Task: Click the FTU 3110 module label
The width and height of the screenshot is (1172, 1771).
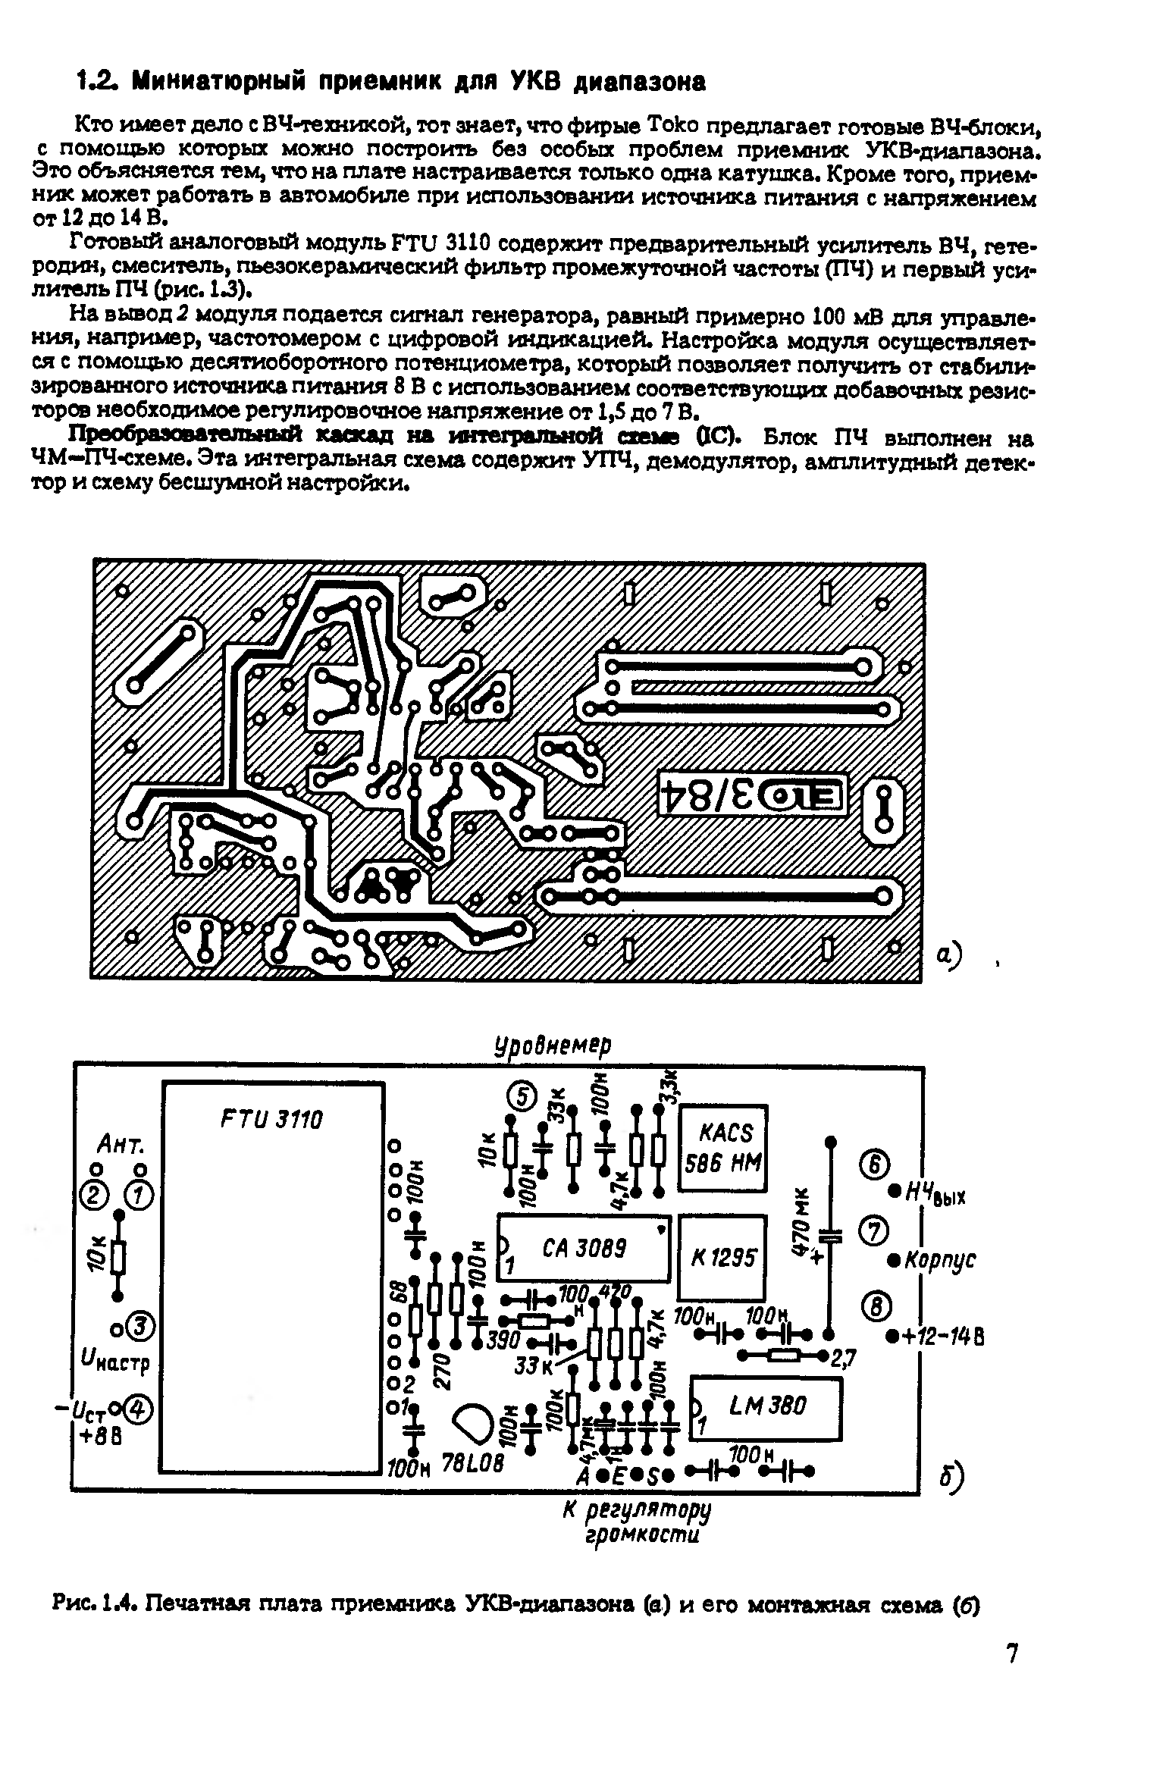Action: tap(271, 1120)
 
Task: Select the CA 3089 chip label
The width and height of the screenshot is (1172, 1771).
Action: tap(584, 1249)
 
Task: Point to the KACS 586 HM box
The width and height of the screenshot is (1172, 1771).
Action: tap(723, 1147)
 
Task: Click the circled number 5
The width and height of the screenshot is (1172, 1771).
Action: tap(522, 1096)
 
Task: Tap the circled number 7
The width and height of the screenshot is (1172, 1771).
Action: tap(873, 1232)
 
